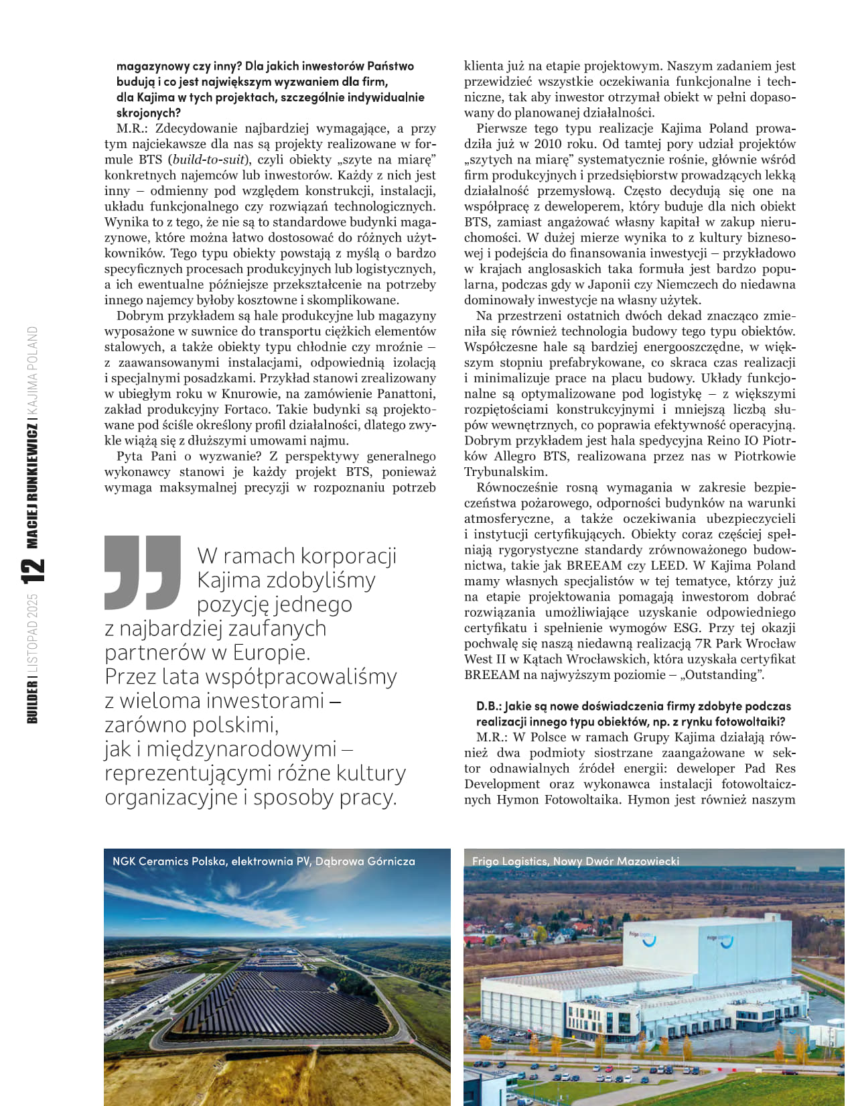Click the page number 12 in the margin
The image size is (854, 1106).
coord(33,570)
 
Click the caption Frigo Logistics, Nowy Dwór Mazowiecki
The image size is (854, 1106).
coord(575,861)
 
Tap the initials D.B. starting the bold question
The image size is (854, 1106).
coord(488,706)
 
